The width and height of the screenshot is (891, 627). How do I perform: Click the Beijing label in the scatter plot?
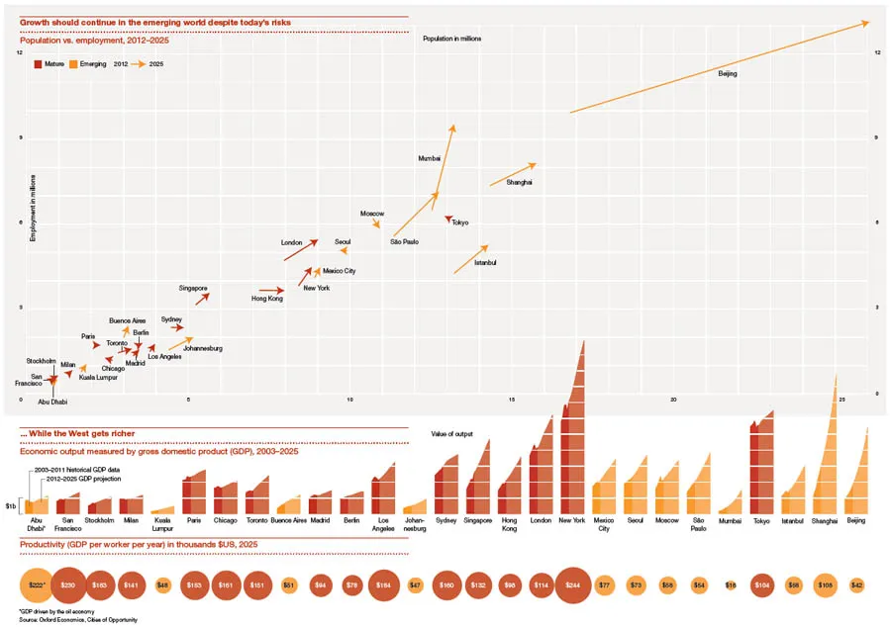coord(728,74)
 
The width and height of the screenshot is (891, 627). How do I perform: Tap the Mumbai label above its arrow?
coord(430,158)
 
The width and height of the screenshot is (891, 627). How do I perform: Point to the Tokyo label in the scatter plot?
coord(460,223)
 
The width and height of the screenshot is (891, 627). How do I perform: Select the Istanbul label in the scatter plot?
coord(485,262)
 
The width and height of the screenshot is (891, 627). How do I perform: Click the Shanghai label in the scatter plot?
coord(519,183)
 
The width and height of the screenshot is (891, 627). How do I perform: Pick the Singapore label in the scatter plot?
coord(193,288)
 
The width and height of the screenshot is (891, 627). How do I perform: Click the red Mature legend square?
coord(38,63)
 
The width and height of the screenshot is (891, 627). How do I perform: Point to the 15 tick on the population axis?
coord(512,400)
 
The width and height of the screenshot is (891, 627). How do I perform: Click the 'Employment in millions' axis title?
coord(33,209)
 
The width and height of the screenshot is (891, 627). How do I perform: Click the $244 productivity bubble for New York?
coord(573,585)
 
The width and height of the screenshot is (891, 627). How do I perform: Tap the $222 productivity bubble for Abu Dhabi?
coord(37,585)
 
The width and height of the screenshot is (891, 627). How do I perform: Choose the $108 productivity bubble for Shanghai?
coord(825,585)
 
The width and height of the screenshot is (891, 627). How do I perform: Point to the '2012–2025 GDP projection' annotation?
coord(70,476)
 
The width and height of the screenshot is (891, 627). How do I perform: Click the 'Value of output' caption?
coord(451,433)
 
